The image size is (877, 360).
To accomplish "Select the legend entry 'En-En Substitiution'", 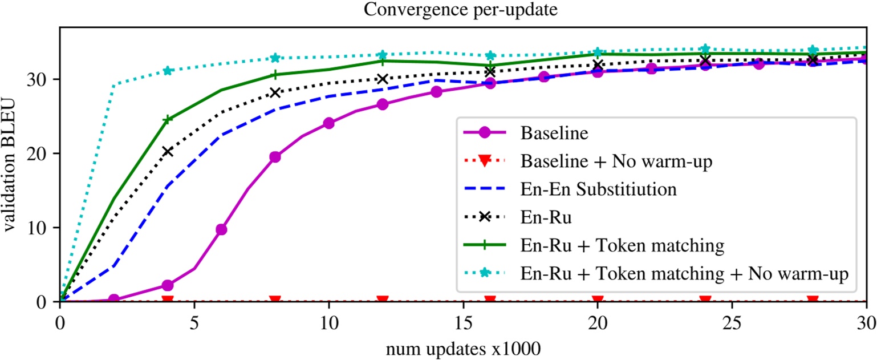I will click(599, 189).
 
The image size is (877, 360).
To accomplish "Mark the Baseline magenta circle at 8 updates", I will click(275, 157).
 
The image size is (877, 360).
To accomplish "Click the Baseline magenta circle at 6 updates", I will click(221, 229).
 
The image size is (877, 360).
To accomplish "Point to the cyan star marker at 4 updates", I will click(168, 71).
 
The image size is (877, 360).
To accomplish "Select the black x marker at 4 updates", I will click(168, 151).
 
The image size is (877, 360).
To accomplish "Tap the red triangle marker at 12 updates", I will click(383, 300).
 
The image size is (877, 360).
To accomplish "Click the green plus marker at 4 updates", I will click(168, 120).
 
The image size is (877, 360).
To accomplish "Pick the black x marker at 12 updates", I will click(383, 79).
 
